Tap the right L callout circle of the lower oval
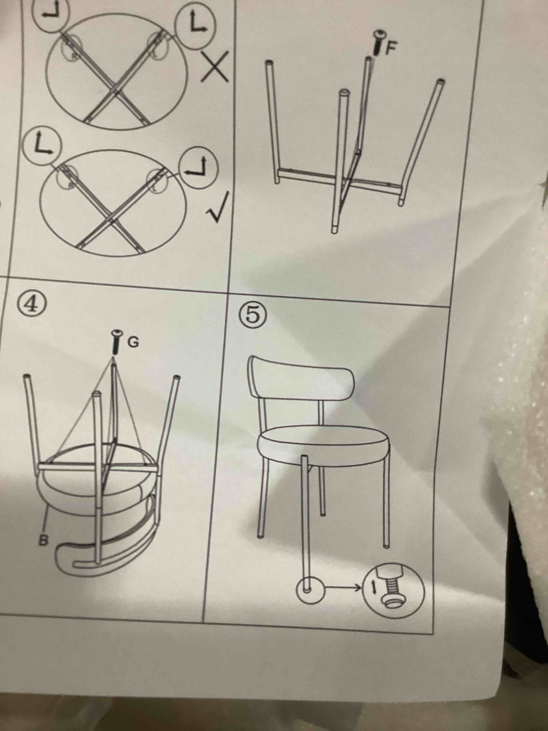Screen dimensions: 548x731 click(x=198, y=169)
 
